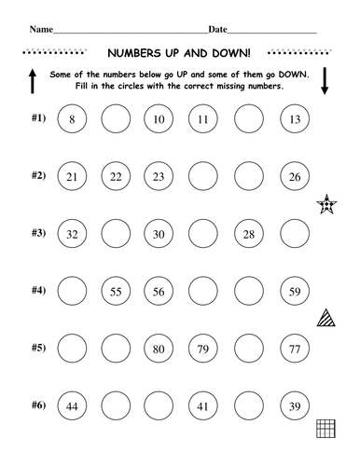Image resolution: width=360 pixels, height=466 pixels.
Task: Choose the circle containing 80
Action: [x=159, y=349]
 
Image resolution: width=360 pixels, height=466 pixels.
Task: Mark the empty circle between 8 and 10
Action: [x=115, y=119]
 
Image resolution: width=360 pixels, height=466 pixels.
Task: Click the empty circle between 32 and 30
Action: [x=115, y=234]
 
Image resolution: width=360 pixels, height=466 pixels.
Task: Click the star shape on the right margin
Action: [x=327, y=203]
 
